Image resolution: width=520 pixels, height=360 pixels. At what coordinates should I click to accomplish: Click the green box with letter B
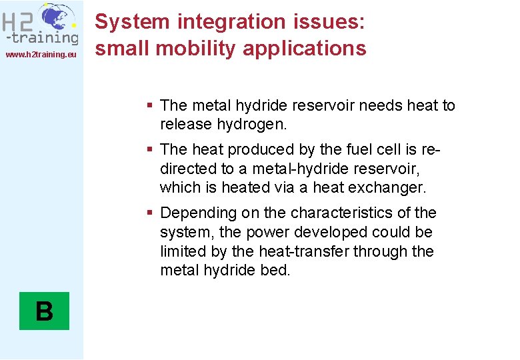pos(44,311)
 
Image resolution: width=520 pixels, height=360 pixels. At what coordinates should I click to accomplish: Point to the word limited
pos(182,252)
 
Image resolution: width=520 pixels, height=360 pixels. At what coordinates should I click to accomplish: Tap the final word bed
pos(276,271)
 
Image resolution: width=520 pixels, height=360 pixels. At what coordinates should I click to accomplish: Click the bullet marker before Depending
pos(151,213)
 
